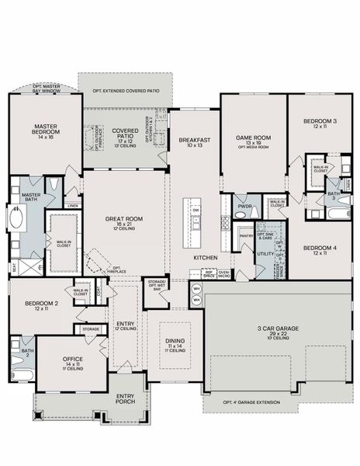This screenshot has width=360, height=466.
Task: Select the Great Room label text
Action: click(124, 222)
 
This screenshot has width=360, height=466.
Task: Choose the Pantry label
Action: click(246, 235)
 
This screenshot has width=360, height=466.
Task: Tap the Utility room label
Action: click(265, 253)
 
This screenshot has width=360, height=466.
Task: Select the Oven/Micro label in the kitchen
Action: click(223, 273)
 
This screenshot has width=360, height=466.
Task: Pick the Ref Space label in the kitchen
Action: click(209, 273)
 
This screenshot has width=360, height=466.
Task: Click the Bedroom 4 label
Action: click(320, 249)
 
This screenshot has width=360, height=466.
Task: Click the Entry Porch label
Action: click(125, 397)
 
